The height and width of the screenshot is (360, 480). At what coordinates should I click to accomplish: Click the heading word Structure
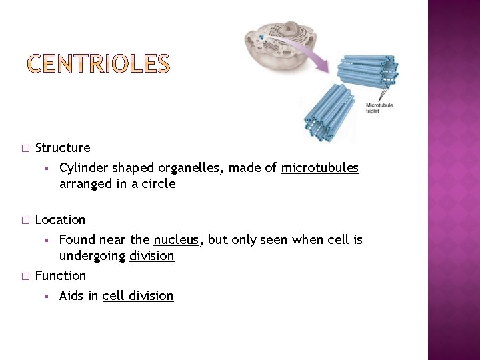[63, 147]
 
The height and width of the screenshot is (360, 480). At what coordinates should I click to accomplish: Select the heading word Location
[60, 219]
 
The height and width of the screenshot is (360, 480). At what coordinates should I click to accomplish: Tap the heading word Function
[60, 275]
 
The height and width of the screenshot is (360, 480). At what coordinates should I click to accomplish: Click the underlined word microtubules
[320, 168]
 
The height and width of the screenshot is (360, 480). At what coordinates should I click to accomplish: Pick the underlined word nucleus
[176, 240]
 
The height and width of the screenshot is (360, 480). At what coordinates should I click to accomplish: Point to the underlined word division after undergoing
[152, 256]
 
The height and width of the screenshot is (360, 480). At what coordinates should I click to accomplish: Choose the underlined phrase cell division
[138, 296]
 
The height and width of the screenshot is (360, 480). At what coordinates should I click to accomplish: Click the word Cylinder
[83, 168]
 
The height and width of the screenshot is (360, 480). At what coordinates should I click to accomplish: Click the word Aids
[71, 296]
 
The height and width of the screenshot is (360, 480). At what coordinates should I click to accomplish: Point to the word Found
[77, 240]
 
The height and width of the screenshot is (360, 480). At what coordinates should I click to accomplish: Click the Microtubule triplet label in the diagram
[379, 108]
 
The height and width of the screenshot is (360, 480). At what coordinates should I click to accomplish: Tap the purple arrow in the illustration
[307, 53]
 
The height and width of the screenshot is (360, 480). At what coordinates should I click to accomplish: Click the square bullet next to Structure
[25, 148]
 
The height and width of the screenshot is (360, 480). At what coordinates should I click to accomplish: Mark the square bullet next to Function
[25, 276]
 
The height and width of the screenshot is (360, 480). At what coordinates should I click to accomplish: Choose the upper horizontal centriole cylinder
[367, 74]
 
